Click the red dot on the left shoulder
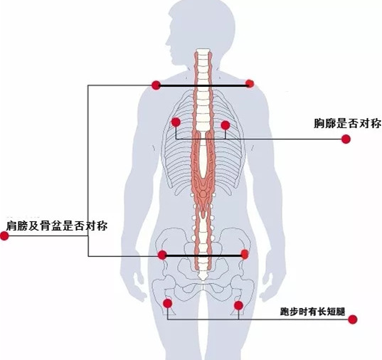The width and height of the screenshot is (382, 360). (156, 85)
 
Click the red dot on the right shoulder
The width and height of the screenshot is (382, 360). (250, 84)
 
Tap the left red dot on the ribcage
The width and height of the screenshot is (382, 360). (176, 122)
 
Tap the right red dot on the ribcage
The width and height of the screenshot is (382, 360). (226, 125)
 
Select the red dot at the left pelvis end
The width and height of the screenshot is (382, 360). (162, 255)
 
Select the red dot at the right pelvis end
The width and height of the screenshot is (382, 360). (245, 254)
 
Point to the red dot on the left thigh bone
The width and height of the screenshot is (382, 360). (167, 304)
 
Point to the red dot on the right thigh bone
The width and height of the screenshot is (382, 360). (238, 305)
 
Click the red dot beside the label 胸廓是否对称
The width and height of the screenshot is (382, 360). (346, 139)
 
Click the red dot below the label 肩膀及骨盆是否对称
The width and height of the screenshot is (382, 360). (4, 235)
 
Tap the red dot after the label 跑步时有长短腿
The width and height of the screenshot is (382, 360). (353, 319)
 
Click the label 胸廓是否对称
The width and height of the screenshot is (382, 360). (348, 123)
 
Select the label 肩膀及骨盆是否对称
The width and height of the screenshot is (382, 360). (57, 226)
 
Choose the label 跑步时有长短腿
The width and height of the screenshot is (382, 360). (312, 311)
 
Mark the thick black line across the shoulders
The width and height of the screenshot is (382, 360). (203, 85)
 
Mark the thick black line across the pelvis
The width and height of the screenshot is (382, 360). (203, 255)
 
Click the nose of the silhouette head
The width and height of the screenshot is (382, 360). (166, 44)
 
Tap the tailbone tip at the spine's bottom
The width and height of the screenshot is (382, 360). (203, 278)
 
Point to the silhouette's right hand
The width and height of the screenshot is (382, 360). (267, 287)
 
